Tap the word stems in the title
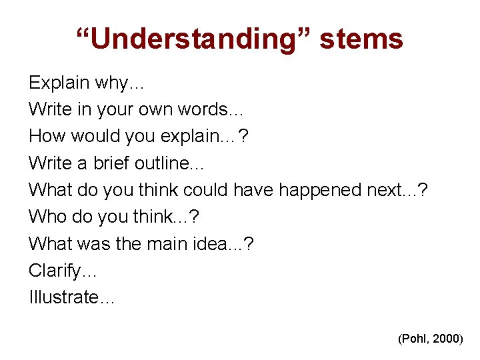(361, 39)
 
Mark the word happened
(320, 191)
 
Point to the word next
(386, 191)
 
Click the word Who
(45, 217)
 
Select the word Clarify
(57, 271)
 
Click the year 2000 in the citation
(447, 339)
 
